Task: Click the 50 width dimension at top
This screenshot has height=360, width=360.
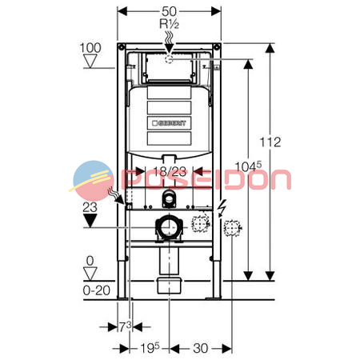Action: click(169, 11)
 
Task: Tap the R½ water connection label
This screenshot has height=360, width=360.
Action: click(169, 24)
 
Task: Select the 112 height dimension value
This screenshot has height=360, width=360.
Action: click(270, 142)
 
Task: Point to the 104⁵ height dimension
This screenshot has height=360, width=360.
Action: click(248, 166)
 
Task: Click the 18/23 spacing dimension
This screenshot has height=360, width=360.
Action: click(170, 171)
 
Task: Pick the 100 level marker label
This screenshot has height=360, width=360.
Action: click(90, 48)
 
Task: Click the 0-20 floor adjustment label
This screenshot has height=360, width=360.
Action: click(96, 290)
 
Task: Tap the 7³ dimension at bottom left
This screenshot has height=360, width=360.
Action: click(125, 326)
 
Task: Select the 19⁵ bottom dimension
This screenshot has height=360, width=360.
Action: click(150, 348)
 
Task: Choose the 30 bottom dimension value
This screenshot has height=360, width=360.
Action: click(201, 348)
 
